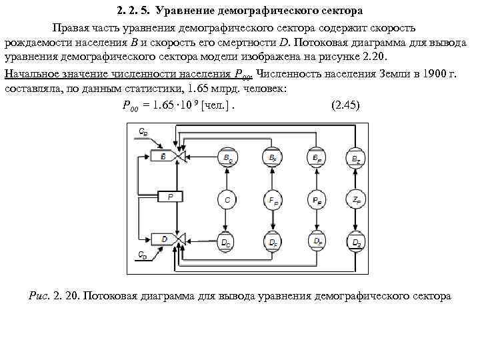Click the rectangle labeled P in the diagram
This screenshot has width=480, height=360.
click(170, 197)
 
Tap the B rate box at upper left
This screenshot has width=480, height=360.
click(163, 157)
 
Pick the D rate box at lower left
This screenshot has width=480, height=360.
click(164, 239)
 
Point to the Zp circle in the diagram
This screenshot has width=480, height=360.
click(357, 198)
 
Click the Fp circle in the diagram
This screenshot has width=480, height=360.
click(273, 198)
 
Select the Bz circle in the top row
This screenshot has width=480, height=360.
click(357, 158)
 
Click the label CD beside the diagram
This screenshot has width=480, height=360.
click(143, 254)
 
